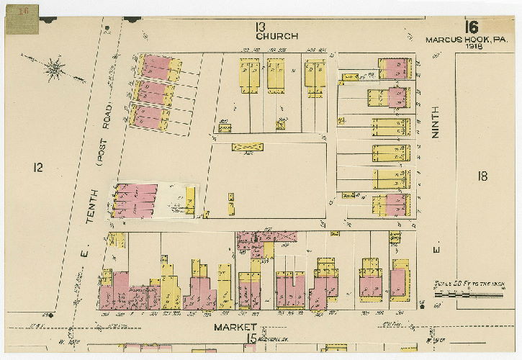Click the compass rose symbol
pyautogui.click(x=54, y=68)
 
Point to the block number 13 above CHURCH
pyautogui.click(x=261, y=27)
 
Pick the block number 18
pyautogui.click(x=482, y=175)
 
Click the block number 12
pyautogui.click(x=37, y=167)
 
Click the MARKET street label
pyautogui.click(x=235, y=328)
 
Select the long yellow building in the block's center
pyautogui.click(x=247, y=147)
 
